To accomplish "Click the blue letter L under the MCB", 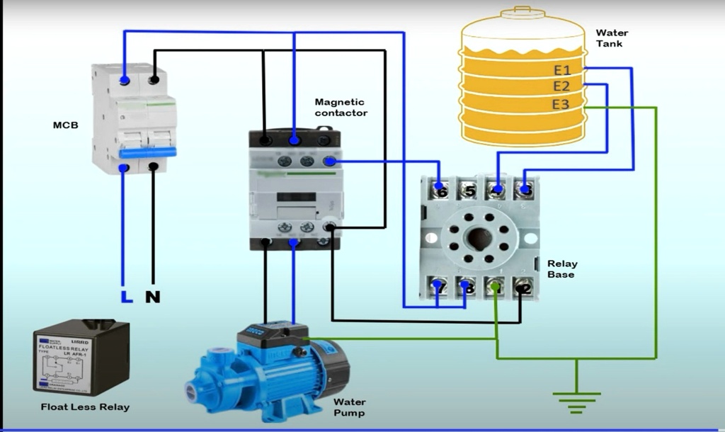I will click(126, 297).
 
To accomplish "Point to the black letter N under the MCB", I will click(152, 297).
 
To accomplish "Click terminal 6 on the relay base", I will click(441, 191).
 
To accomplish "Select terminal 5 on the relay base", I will click(468, 191).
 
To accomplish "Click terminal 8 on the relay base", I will click(466, 288).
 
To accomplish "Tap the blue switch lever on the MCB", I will click(148, 152).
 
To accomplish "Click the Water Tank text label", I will click(611, 38).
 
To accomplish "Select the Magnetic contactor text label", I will click(341, 108).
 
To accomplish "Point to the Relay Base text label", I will click(562, 269).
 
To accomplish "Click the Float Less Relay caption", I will click(85, 407).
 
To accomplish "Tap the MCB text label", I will click(66, 125).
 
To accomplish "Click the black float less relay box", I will click(81, 356).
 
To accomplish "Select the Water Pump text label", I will click(349, 407).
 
